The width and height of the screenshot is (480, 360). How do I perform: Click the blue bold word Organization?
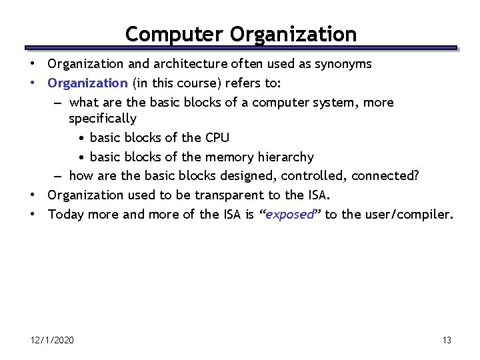[87, 83]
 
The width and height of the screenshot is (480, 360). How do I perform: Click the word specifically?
[103, 119]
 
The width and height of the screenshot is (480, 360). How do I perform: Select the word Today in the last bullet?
[65, 215]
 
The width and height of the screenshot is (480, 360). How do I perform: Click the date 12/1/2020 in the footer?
[52, 341]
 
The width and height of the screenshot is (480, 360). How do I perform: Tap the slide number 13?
[447, 341]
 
